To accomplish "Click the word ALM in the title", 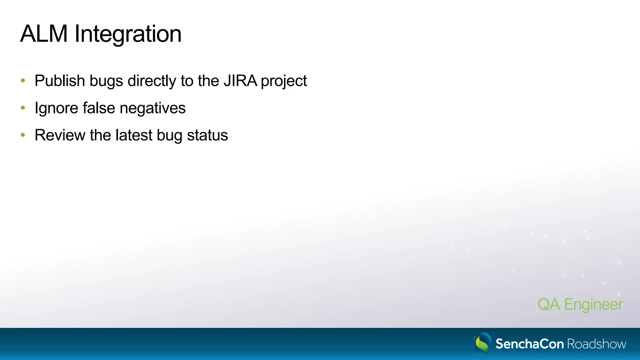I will click(x=44, y=34).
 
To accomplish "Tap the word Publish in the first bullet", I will click(x=60, y=81).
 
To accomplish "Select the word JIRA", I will click(x=240, y=81).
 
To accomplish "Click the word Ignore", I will click(x=56, y=108).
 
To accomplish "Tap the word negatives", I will click(x=152, y=108).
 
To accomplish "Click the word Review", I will click(x=60, y=135).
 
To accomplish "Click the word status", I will click(x=207, y=135).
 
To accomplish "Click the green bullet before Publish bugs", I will click(x=23, y=81).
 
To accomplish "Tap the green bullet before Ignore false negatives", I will click(x=23, y=108).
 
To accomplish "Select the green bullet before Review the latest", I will click(x=23, y=135).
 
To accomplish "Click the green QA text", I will click(x=548, y=304).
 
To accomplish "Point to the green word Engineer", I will click(x=593, y=305).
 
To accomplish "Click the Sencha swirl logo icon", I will click(x=482, y=343).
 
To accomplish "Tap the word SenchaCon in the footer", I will click(x=529, y=344).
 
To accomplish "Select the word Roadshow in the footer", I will click(x=596, y=344).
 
